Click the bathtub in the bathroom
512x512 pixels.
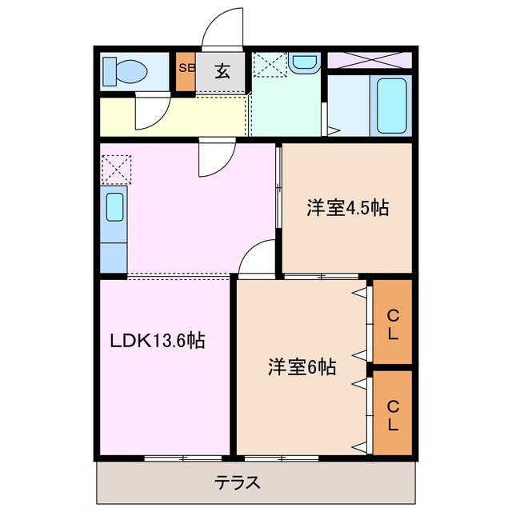(x=392, y=106)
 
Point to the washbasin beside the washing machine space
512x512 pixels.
(x=303, y=63)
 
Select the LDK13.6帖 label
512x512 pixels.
(x=157, y=341)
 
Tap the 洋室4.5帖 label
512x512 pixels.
(x=347, y=209)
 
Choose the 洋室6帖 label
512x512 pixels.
(x=302, y=367)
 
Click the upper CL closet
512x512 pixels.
(x=393, y=322)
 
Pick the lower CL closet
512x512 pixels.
(x=393, y=415)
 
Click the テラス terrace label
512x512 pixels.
(x=237, y=483)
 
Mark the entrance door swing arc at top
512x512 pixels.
(x=222, y=28)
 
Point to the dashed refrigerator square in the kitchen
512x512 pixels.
(x=114, y=169)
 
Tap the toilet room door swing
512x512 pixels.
(x=150, y=113)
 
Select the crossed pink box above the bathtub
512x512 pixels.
(x=369, y=60)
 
